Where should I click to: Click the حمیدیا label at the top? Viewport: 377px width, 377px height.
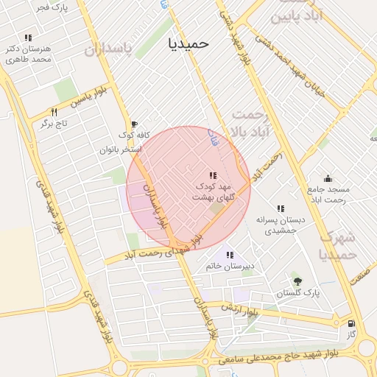(x=188, y=43)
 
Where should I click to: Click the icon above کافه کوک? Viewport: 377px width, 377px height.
(x=133, y=124)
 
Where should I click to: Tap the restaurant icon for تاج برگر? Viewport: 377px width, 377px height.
(x=54, y=112)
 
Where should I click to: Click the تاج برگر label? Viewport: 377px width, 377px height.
(x=53, y=124)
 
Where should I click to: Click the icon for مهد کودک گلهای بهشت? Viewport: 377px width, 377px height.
(x=212, y=175)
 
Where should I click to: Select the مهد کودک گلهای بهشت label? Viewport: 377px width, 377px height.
(x=213, y=192)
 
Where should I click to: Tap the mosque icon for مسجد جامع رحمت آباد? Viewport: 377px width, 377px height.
(x=328, y=177)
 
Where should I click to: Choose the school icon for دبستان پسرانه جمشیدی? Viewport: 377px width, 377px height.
(x=280, y=208)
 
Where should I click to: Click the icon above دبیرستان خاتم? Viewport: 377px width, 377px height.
(x=230, y=254)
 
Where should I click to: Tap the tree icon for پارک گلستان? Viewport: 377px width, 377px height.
(x=297, y=281)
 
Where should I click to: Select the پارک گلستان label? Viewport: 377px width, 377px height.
(x=298, y=293)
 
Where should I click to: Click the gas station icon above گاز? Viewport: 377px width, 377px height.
(x=350, y=323)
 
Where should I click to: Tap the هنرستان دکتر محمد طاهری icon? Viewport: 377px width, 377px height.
(x=28, y=38)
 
